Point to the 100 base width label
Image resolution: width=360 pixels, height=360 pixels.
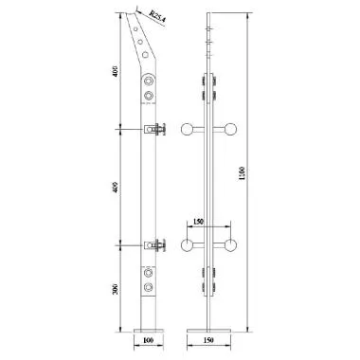pyautogui.click(x=147, y=338)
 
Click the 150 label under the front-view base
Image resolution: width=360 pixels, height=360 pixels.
pyautogui.click(x=210, y=338)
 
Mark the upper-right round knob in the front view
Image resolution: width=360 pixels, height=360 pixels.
pyautogui.click(x=230, y=130)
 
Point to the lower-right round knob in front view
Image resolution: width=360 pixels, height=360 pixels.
pyautogui.click(x=230, y=246)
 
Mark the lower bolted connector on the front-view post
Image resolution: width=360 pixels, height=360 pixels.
pyautogui.click(x=209, y=279)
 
